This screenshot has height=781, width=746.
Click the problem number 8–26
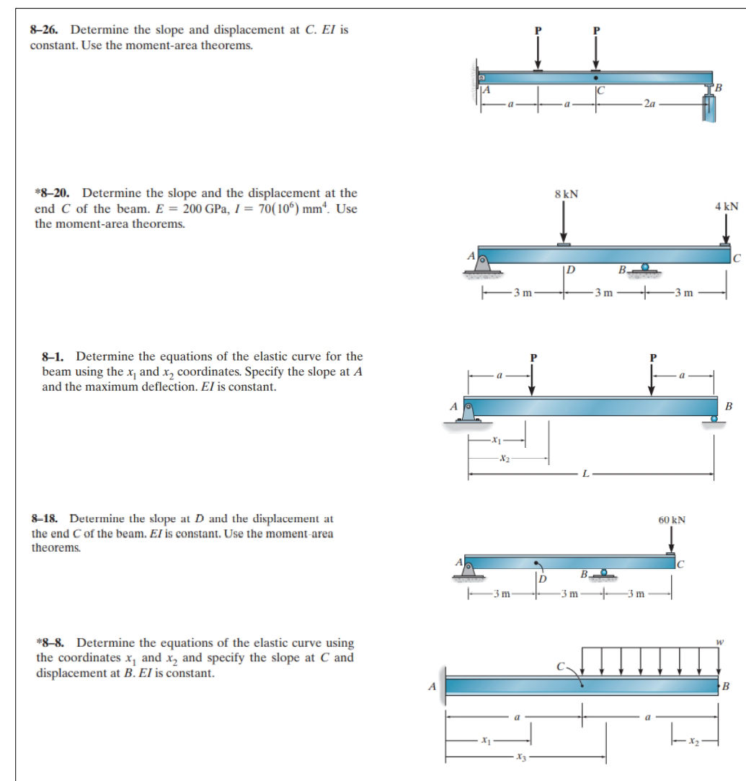point(47,30)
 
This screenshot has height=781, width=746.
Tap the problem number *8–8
point(53,643)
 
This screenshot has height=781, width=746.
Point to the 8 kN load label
point(566,194)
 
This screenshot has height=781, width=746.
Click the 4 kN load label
point(727,206)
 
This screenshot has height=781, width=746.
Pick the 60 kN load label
point(672,519)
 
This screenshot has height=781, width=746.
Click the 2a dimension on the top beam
point(652,104)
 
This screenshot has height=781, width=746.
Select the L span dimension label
point(587,474)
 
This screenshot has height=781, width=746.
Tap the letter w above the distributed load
point(718,641)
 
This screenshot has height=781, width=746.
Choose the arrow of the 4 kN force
point(726,230)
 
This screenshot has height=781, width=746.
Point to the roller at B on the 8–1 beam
point(714,420)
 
